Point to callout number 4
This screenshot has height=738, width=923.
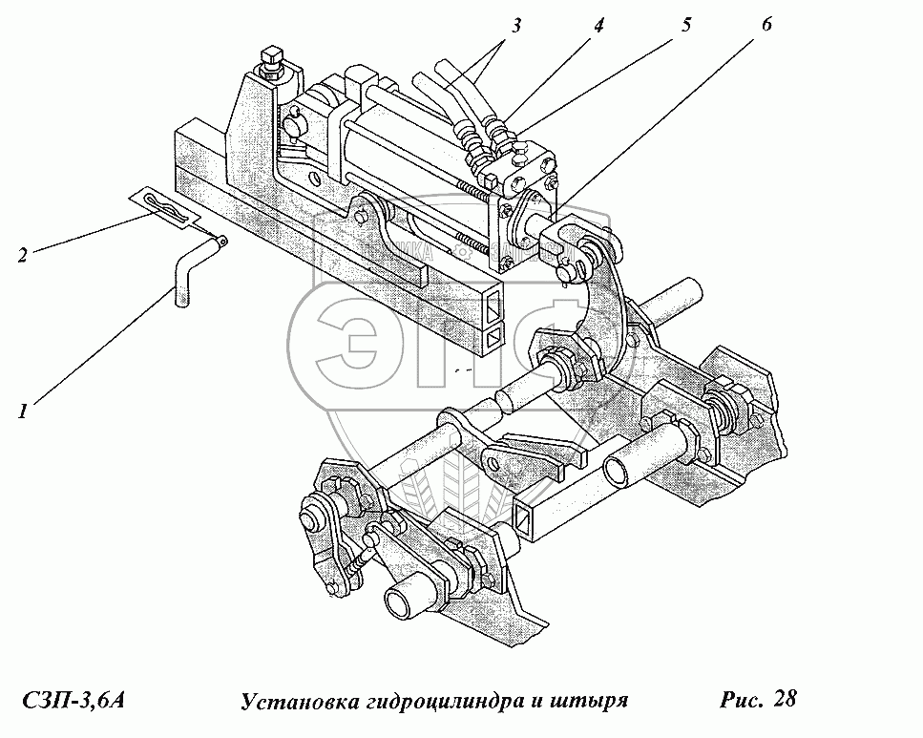(598, 26)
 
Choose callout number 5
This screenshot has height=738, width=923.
(685, 26)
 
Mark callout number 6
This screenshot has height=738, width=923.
(766, 26)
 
